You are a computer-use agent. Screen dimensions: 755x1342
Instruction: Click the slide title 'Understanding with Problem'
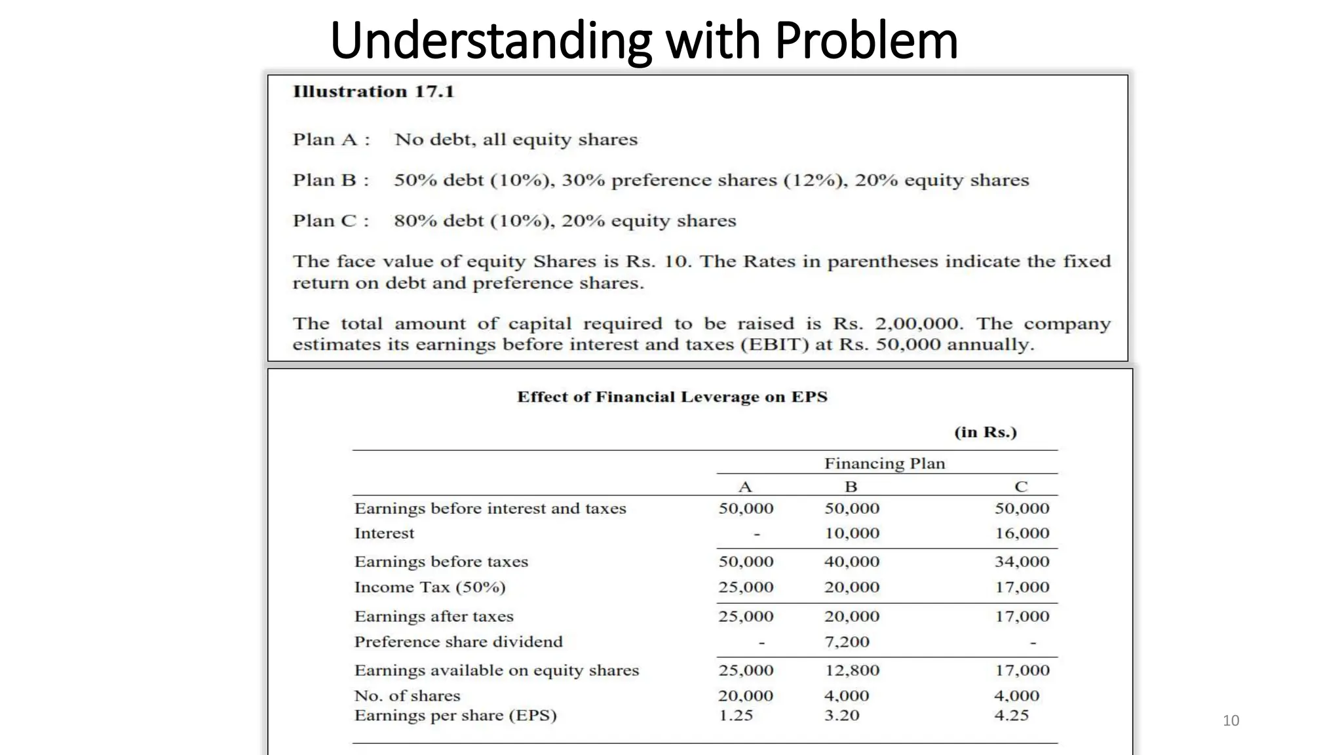[x=644, y=41]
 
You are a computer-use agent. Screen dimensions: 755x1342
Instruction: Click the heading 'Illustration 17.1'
[x=373, y=92]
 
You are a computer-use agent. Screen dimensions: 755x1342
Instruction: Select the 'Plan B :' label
[x=331, y=180]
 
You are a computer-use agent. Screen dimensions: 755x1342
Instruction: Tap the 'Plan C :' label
[x=331, y=221]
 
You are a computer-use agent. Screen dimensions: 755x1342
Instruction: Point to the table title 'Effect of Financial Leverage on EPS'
[x=672, y=397]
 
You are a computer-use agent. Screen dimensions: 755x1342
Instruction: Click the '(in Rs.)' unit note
[x=985, y=433]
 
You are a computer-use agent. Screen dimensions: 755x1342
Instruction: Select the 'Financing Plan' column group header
[x=885, y=464]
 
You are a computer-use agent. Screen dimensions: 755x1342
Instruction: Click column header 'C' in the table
[x=1021, y=487]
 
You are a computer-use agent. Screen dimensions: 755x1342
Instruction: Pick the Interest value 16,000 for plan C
[x=1022, y=533]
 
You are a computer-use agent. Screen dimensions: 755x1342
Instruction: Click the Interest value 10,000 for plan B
[x=852, y=533]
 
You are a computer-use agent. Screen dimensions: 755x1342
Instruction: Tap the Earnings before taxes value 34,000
[x=1022, y=562]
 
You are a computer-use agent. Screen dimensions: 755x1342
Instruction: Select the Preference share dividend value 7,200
[x=847, y=642]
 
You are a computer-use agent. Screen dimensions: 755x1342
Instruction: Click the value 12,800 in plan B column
[x=852, y=670]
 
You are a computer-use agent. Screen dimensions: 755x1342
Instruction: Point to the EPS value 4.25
[x=1011, y=716]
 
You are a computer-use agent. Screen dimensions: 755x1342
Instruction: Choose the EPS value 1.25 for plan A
[x=736, y=716]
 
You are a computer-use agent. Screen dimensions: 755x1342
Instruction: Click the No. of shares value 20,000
[x=746, y=696]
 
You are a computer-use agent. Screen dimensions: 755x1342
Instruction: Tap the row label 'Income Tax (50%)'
[x=430, y=587]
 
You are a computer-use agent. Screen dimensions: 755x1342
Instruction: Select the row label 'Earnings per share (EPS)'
[x=455, y=716]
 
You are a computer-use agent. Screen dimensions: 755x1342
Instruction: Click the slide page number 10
[x=1231, y=721]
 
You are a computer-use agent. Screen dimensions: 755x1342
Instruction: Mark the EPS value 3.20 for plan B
[x=841, y=716]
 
